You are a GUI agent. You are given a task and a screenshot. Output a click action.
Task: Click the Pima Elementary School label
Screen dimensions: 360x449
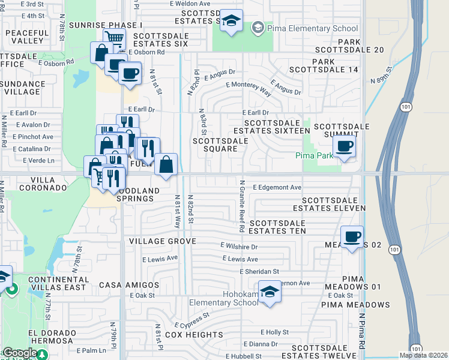312,28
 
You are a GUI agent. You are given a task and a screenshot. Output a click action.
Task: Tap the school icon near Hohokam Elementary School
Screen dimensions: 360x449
270,293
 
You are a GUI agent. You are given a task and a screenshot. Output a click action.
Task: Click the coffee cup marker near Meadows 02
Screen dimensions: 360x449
352,236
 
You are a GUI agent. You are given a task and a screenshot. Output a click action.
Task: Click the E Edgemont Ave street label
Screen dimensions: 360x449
277,187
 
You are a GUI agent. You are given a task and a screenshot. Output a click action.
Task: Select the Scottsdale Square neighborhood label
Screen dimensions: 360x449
220,145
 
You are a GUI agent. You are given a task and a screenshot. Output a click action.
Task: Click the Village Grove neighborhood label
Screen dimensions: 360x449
163,241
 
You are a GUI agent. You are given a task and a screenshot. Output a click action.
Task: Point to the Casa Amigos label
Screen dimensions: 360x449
129,285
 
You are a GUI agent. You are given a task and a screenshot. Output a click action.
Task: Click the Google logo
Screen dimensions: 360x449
20,353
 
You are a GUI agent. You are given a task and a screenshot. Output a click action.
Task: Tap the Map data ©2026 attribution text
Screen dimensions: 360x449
424,355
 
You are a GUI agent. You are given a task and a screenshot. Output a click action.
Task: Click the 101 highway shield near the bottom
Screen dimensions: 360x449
416,349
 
